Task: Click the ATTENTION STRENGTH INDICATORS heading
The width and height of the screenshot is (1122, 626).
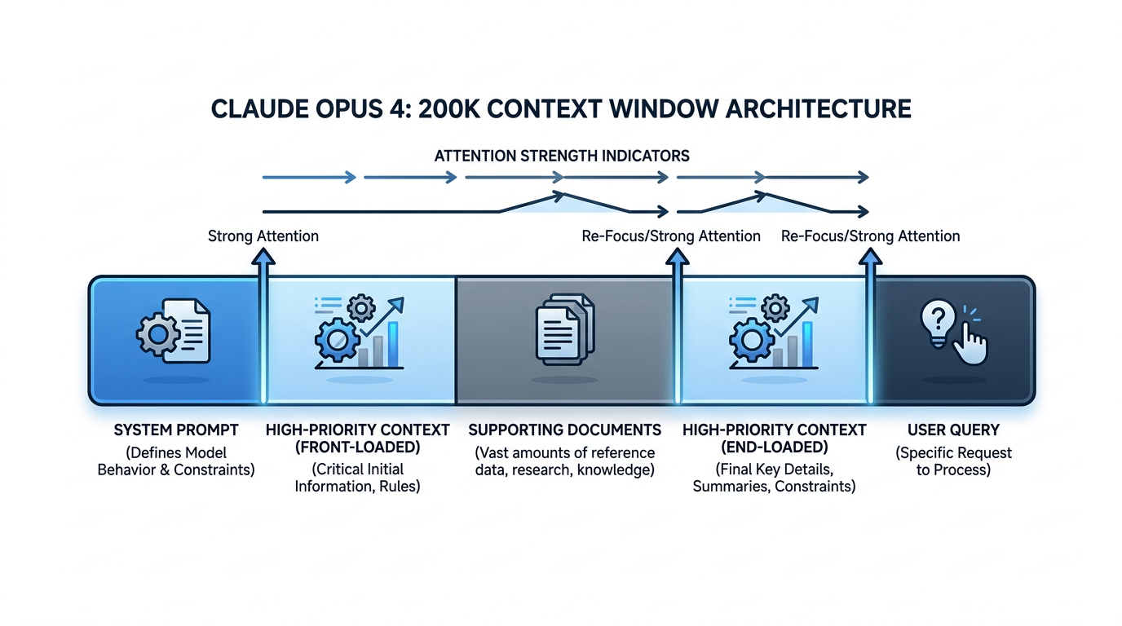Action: (x=562, y=155)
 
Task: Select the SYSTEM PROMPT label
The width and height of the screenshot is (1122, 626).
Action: (x=176, y=430)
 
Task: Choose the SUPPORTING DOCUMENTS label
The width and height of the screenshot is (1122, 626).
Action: (x=564, y=430)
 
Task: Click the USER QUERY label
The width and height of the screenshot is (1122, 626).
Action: (x=953, y=430)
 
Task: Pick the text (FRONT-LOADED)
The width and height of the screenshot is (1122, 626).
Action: (x=357, y=447)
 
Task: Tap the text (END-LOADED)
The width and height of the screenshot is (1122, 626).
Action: (x=774, y=447)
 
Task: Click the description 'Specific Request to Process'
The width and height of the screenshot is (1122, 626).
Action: (x=953, y=461)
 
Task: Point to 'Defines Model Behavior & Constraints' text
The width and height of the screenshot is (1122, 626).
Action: (x=176, y=461)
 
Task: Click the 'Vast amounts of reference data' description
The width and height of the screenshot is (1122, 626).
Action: (x=564, y=461)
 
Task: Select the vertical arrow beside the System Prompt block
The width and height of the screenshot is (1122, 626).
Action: (x=263, y=326)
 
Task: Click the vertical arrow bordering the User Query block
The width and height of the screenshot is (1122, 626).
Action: (x=871, y=326)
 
